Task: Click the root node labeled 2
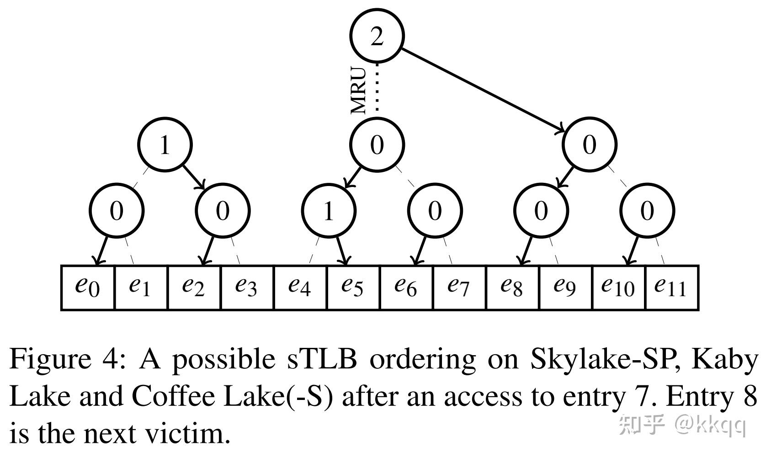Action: (x=377, y=36)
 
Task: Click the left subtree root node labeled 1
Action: (x=165, y=145)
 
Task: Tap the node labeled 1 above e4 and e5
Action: (x=328, y=211)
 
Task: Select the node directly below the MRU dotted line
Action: (x=377, y=145)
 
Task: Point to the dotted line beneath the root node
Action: (x=378, y=89)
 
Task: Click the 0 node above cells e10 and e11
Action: (x=647, y=211)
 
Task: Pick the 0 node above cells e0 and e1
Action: (x=117, y=211)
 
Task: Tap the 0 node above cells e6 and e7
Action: (x=435, y=211)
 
